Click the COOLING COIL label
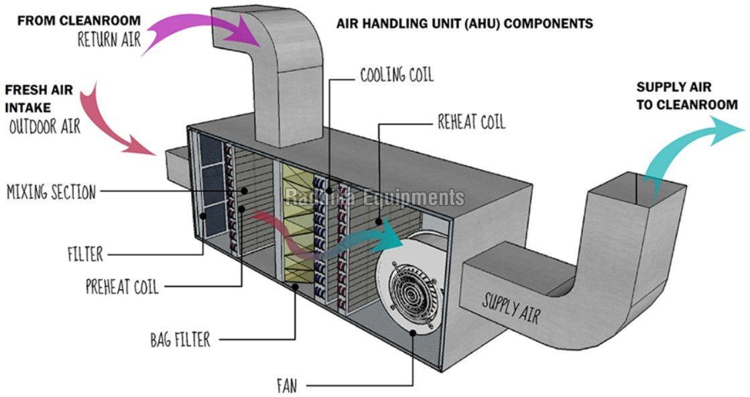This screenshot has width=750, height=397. click(397, 75)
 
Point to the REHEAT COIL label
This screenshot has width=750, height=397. click(471, 122)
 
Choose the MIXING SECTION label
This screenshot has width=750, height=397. click(51, 193)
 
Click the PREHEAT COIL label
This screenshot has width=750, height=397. click(122, 288)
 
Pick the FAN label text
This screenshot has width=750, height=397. click(287, 386)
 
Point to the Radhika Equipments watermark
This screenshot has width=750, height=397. click(375, 197)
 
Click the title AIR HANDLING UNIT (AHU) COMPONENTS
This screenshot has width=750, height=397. click(464, 23)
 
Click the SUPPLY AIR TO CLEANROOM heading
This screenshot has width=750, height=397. click(686, 96)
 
